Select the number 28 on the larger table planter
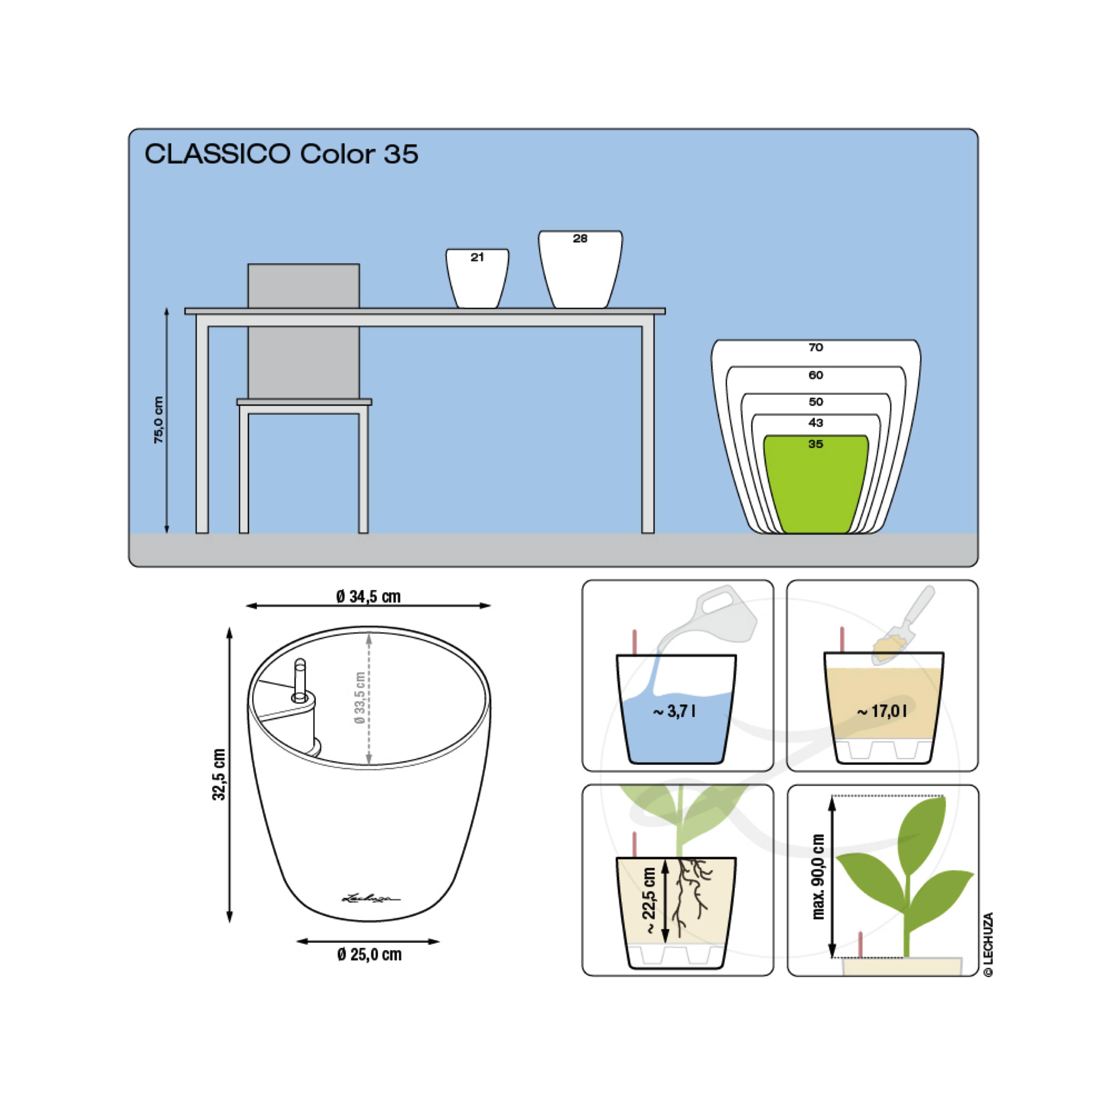tap(580, 238)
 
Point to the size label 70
tap(815, 347)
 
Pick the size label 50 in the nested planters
tap(815, 402)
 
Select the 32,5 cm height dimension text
tap(219, 774)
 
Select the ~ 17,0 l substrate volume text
tap(882, 711)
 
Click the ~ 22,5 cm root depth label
tap(649, 901)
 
